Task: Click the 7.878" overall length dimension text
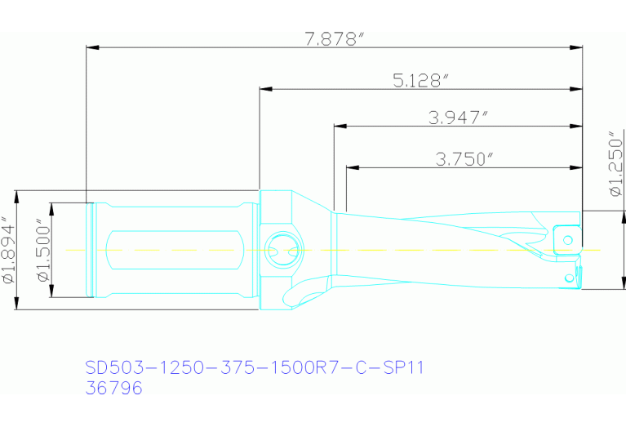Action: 332,38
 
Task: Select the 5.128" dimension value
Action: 421,80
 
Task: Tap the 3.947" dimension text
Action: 458,117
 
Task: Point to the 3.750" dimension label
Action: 464,159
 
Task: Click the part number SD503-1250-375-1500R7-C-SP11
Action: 255,368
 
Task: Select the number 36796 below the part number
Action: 113,389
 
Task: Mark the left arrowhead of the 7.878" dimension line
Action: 91,47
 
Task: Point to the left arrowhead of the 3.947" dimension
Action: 338,127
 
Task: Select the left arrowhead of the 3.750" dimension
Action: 351,168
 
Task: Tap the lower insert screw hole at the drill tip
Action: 568,278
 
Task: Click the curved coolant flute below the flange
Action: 302,291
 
